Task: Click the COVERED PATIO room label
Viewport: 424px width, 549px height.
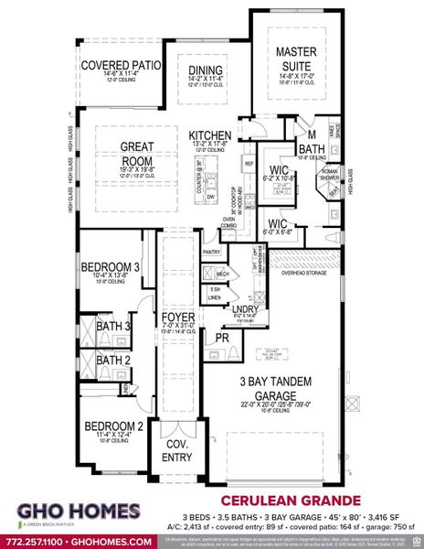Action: pos(122,66)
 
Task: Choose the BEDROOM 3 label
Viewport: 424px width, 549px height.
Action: pos(111,267)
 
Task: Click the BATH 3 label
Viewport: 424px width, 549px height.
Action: pos(114,326)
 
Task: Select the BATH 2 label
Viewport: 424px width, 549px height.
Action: pos(114,360)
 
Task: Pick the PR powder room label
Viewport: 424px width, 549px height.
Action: pos(222,338)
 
